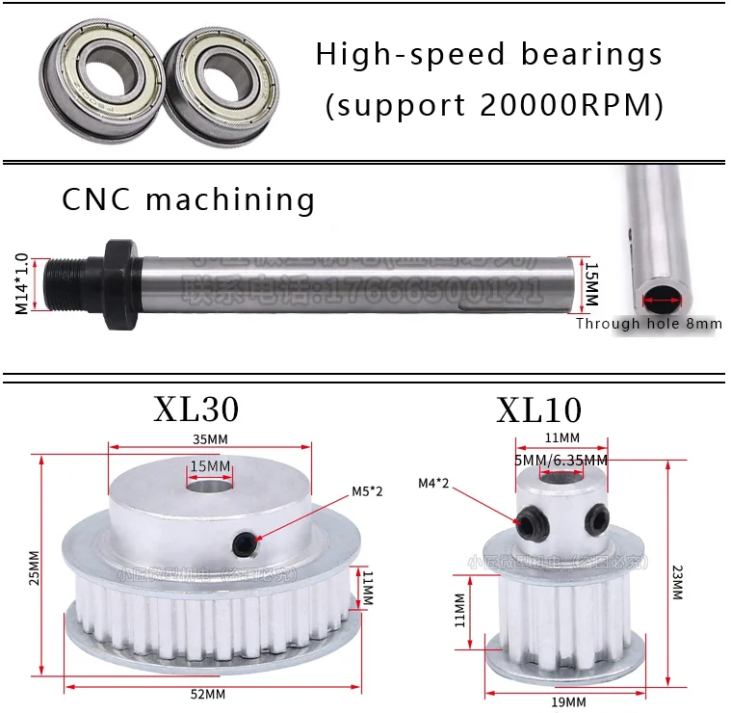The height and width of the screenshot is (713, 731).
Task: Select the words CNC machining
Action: [189, 199]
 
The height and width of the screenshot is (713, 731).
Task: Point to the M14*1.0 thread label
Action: [21, 284]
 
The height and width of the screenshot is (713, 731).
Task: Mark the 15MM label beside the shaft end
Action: [591, 284]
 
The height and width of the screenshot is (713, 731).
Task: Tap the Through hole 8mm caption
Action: [648, 324]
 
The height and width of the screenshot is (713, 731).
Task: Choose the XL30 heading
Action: [196, 409]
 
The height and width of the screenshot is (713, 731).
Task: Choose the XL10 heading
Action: [539, 410]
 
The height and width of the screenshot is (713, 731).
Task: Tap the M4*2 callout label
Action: [434, 483]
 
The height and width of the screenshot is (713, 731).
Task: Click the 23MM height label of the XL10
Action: [676, 581]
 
